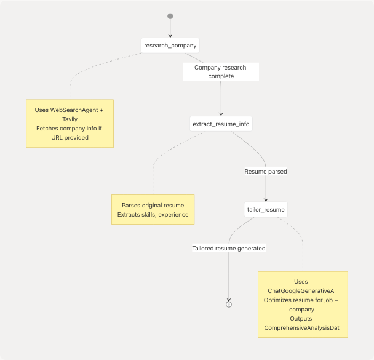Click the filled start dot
point(170,17)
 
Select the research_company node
point(170,46)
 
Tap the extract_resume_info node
point(221,124)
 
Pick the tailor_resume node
point(266,209)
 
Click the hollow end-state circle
point(229,304)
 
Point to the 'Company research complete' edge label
point(221,72)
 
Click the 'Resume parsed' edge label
point(266,171)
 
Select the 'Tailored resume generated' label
point(229,249)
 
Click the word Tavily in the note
point(70,119)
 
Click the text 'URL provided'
point(70,137)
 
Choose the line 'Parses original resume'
point(153,205)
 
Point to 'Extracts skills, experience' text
point(153,215)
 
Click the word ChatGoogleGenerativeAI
point(301,290)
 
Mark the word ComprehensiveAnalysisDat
point(301,328)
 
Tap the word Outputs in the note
point(301,318)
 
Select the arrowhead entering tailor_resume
point(266,200)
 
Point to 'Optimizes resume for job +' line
point(301,300)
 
